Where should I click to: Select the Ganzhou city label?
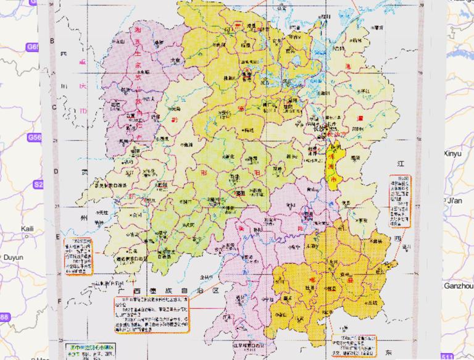coord(457,286)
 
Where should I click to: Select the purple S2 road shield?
coord(38,184)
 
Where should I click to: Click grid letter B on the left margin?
coord(52,41)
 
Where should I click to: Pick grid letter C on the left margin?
coord(54,106)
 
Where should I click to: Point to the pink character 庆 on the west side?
coord(81,85)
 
